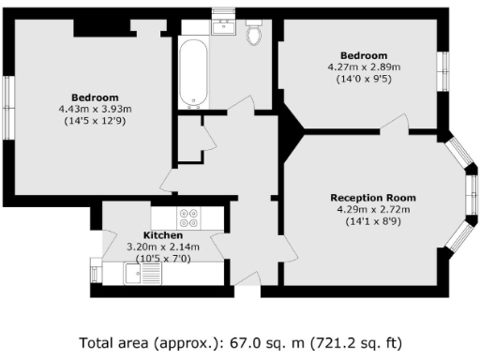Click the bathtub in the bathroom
click(x=194, y=73)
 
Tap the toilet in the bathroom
click(x=252, y=36)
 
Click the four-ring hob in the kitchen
click(x=187, y=217)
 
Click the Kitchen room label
click(x=157, y=234)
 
